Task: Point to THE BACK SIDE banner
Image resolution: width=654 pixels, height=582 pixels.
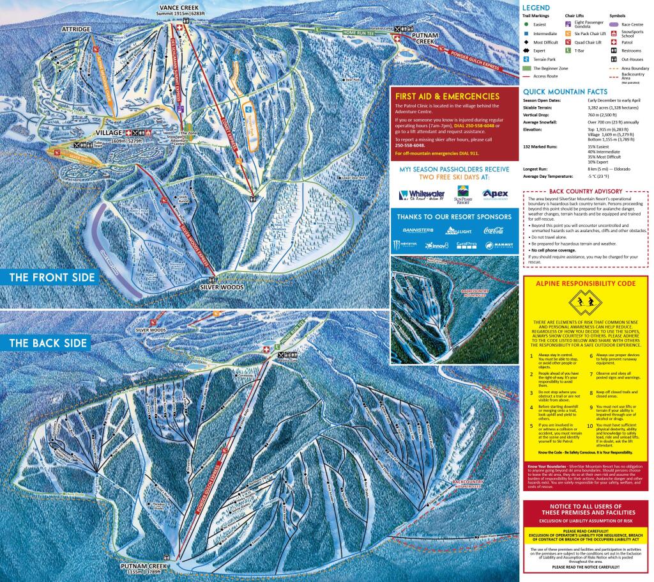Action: pos(49,343)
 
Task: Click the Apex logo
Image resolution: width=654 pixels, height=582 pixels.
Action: pos(496,194)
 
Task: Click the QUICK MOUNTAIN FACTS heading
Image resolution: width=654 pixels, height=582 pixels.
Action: pos(564,91)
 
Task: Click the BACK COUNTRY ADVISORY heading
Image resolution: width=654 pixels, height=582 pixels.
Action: pos(586,191)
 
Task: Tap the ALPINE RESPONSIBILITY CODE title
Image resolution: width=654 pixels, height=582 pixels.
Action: pos(586,282)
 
